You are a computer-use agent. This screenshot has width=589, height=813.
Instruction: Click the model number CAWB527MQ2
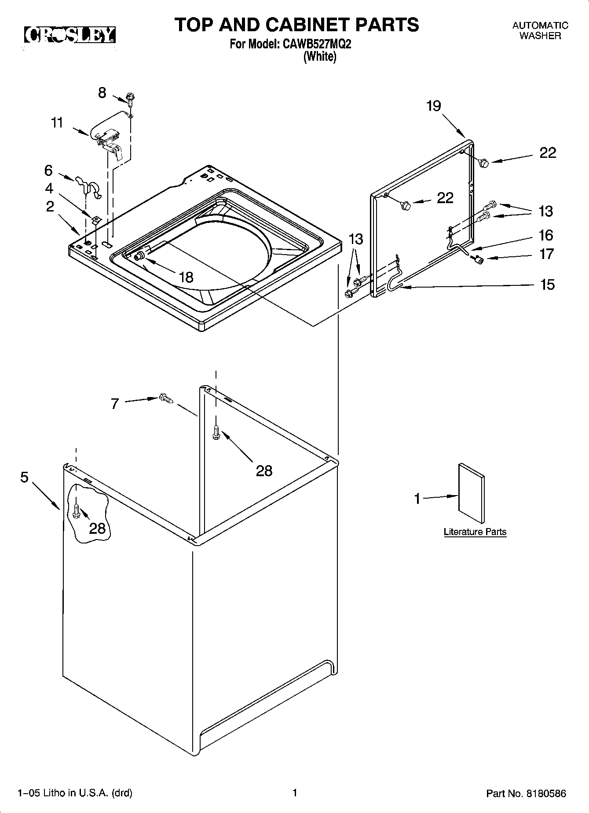[x=315, y=44]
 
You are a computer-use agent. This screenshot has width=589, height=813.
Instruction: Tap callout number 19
[x=433, y=106]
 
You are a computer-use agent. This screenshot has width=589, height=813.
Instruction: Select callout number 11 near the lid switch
[x=57, y=123]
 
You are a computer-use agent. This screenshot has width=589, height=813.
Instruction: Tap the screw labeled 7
[x=166, y=398]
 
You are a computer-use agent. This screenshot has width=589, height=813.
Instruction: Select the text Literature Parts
[x=475, y=532]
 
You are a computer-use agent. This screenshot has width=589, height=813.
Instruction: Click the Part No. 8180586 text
[x=526, y=794]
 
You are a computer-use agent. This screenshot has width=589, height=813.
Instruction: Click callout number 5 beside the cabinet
[x=24, y=477]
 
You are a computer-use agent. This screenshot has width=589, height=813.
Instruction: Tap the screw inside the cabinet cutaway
[x=76, y=511]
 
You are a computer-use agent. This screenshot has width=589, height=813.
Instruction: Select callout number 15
[x=547, y=285]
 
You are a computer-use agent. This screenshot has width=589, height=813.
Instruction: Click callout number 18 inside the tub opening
[x=186, y=277]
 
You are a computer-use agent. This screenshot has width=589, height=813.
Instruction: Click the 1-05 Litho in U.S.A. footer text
[x=75, y=794]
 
